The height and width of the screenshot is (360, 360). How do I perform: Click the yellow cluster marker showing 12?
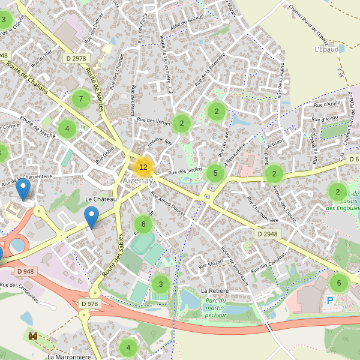point(143,167)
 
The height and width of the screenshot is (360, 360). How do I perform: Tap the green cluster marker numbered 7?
point(80,98)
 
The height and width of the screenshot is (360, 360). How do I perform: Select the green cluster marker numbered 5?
point(215,174)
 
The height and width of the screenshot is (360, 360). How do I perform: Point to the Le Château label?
point(101,199)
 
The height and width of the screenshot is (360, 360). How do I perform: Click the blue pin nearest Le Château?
point(91,217)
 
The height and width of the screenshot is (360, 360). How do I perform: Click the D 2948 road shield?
point(267,233)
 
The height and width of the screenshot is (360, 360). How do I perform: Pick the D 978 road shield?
point(89,304)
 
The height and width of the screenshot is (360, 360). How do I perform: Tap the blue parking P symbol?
point(330,300)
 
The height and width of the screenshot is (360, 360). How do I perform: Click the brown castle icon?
point(33,336)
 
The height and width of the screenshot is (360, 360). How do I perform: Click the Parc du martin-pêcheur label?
point(215,307)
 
